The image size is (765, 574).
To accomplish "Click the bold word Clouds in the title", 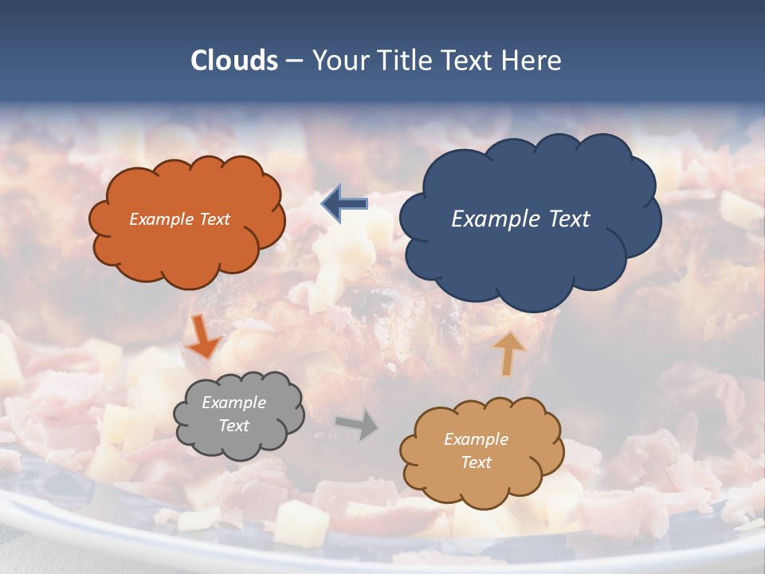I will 234,61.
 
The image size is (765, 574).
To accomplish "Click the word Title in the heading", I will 406,61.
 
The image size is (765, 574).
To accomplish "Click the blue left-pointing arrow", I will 344,204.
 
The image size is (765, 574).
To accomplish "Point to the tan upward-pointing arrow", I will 508,353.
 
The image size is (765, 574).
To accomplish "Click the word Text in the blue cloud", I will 570,219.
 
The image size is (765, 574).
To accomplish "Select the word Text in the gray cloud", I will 234,426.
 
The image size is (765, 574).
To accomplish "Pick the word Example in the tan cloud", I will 476,439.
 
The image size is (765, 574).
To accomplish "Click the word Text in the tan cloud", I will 477,462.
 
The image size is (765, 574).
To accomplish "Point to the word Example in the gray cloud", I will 234,403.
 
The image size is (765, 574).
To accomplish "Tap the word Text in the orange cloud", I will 214,219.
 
